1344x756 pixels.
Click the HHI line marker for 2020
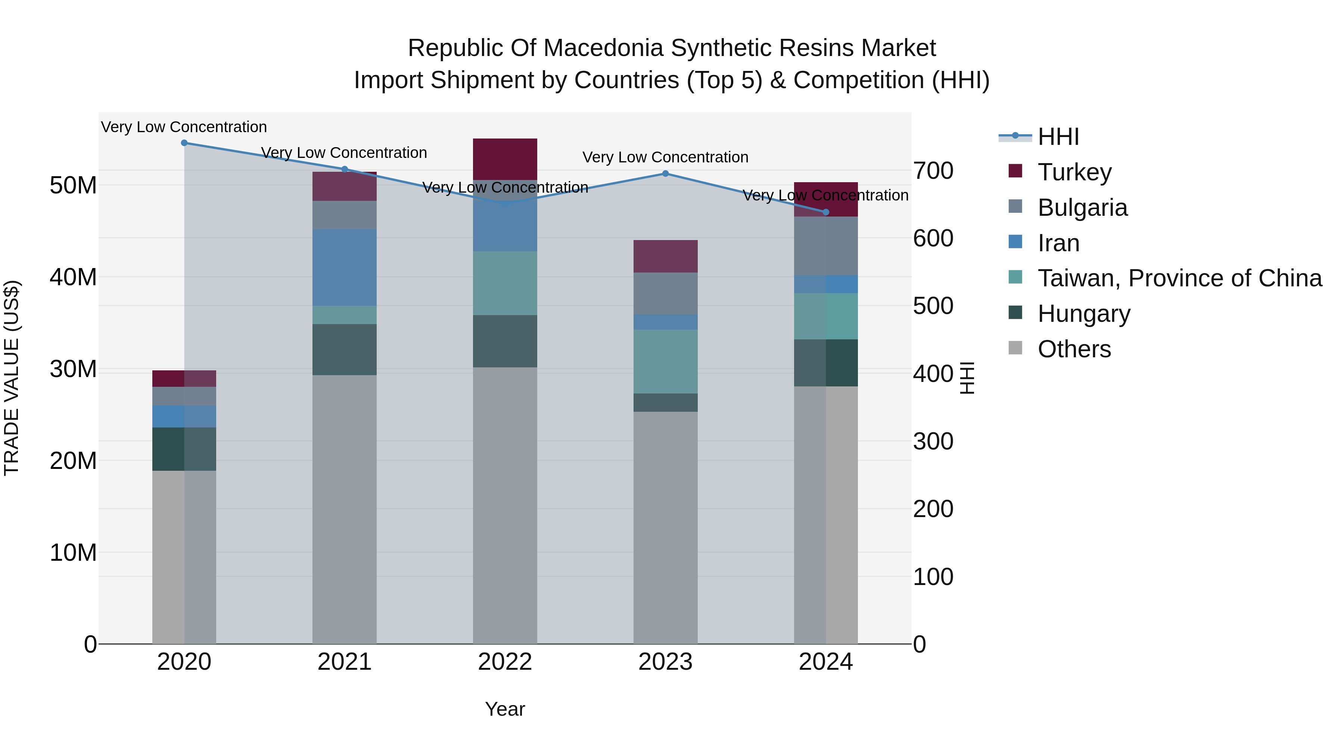click(x=184, y=143)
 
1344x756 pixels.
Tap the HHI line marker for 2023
click(x=665, y=174)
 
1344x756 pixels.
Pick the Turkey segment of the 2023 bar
click(x=665, y=256)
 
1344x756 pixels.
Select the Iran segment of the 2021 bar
click(x=344, y=267)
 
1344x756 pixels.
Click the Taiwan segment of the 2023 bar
click(x=665, y=361)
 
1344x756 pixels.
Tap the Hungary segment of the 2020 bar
click(x=184, y=449)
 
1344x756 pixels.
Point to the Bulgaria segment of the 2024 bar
click(x=825, y=246)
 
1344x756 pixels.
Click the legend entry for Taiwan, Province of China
click(x=1179, y=278)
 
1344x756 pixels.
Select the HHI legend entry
click(x=1058, y=137)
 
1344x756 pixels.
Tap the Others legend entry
click(x=1074, y=349)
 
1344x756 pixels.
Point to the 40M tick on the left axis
click(x=73, y=277)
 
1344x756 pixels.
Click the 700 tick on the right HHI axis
click(x=933, y=171)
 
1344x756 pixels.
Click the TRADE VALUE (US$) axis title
click(x=12, y=378)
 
